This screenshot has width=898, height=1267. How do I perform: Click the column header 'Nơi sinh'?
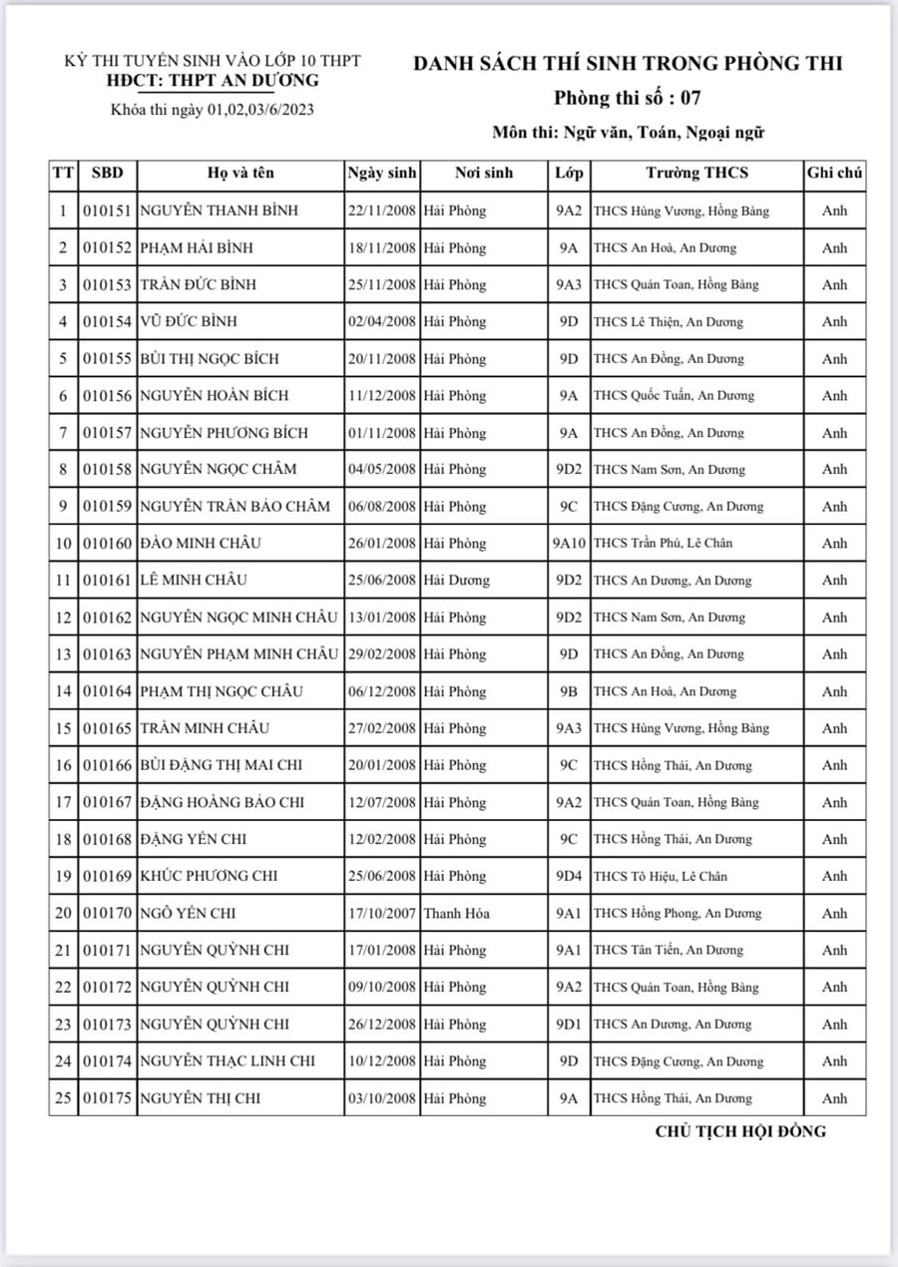[x=483, y=173]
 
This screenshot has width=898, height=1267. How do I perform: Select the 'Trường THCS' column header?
[x=696, y=173]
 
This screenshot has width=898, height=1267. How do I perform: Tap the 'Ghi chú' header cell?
[x=834, y=173]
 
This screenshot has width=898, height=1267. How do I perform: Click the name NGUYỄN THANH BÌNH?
[x=219, y=211]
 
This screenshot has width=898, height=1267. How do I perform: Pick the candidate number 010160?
[x=107, y=544]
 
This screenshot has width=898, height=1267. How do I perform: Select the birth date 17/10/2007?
[x=382, y=913]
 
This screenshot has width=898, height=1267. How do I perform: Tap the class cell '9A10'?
[x=568, y=544]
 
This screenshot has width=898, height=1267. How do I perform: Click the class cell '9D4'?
[x=568, y=876]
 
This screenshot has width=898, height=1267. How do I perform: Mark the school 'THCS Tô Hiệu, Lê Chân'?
[x=661, y=876]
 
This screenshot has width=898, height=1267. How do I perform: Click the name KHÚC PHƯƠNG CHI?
[x=209, y=876]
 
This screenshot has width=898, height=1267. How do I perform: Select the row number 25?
[x=63, y=1098]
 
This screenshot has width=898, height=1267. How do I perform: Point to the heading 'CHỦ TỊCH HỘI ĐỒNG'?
[x=740, y=1131]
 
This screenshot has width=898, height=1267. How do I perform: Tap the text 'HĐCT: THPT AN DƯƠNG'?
[x=213, y=81]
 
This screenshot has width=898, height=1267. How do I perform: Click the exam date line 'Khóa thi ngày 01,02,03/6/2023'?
[x=213, y=110]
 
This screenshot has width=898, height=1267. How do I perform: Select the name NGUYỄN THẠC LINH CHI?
[x=227, y=1060]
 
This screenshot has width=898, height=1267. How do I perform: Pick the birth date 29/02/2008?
[x=382, y=654]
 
